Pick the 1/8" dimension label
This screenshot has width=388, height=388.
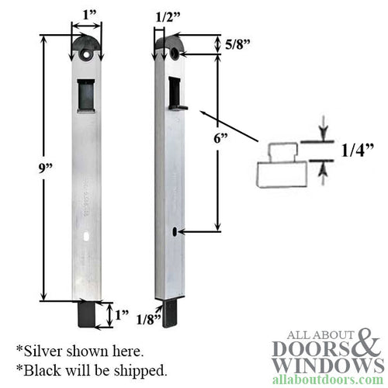click(149, 318)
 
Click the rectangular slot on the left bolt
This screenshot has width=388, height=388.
click(87, 96)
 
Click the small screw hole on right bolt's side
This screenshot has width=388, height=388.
click(178, 230)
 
